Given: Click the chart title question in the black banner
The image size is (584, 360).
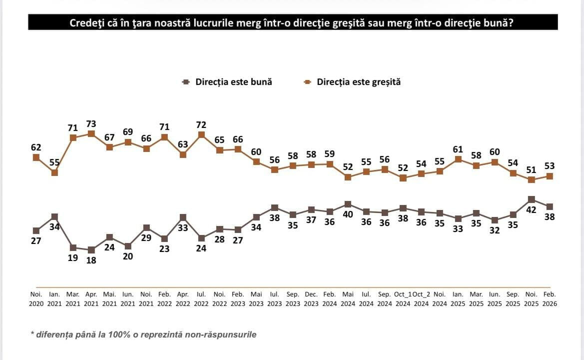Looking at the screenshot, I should (292, 23).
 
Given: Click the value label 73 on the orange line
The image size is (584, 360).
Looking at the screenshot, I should (91, 123).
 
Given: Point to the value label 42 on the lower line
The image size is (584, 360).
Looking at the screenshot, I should (532, 210).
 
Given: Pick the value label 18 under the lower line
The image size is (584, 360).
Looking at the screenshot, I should (91, 260).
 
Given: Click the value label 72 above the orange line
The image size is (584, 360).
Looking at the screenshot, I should (201, 124).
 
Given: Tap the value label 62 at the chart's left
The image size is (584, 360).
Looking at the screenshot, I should (36, 147).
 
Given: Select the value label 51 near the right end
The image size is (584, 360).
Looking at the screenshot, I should (532, 169).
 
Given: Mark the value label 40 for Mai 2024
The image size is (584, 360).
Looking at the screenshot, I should (348, 214).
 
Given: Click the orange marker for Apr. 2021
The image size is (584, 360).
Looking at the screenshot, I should (91, 133).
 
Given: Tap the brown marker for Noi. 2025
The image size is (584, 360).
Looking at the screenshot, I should (532, 199).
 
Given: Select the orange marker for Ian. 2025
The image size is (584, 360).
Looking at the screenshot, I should (458, 159).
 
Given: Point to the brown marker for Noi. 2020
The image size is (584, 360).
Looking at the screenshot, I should (36, 230).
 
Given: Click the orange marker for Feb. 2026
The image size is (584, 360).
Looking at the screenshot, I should (550, 176).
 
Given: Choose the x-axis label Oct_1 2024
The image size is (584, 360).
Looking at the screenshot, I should (403, 299).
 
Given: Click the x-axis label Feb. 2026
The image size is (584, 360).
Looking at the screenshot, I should (550, 299).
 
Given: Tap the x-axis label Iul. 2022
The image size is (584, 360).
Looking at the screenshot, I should (201, 299).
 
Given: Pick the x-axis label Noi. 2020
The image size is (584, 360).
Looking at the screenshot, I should (36, 299).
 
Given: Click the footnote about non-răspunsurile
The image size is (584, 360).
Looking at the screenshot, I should (143, 334).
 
